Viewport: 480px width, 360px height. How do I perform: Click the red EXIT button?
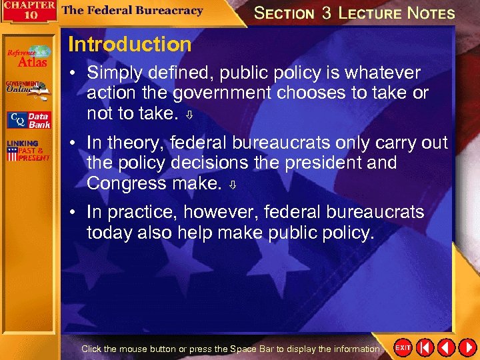pyautogui.click(x=403, y=347)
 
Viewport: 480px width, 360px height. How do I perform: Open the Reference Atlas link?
pyautogui.click(x=29, y=57)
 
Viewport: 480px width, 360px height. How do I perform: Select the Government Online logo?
pyautogui.click(x=29, y=88)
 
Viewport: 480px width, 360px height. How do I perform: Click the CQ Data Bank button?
pyautogui.click(x=29, y=120)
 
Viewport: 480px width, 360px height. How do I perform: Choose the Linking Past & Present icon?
pyautogui.click(x=29, y=151)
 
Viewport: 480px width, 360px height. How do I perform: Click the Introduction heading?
pyautogui.click(x=129, y=45)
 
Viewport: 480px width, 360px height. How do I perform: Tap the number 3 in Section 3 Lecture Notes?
pyautogui.click(x=326, y=13)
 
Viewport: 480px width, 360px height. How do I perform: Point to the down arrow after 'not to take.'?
pyautogui.click(x=189, y=115)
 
